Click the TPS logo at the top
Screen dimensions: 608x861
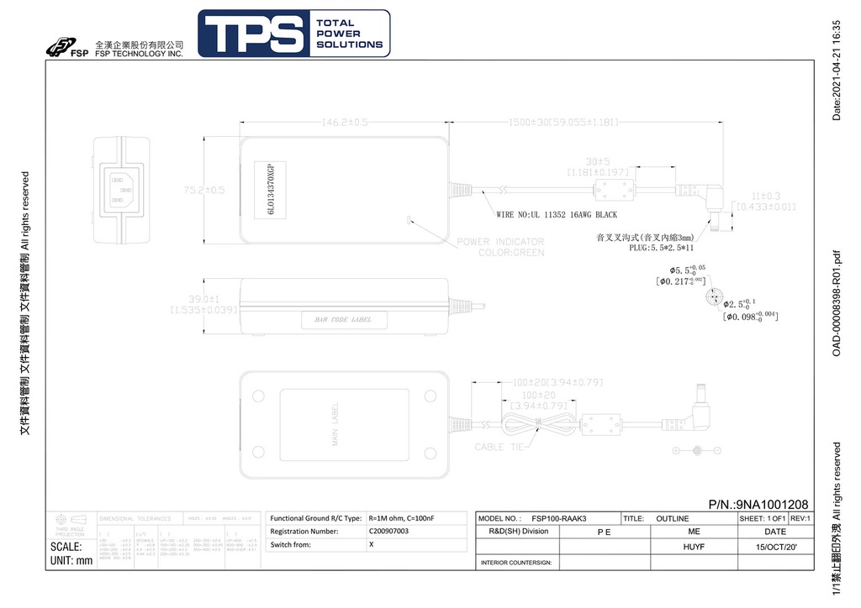pyautogui.click(x=293, y=34)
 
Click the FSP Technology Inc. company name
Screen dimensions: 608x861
pyautogui.click(x=139, y=54)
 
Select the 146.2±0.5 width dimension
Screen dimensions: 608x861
pyautogui.click(x=346, y=123)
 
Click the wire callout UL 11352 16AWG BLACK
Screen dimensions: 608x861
pyautogui.click(x=557, y=215)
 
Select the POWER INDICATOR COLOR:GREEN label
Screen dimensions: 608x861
pyautogui.click(x=500, y=247)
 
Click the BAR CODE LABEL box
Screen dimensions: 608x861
pyautogui.click(x=343, y=320)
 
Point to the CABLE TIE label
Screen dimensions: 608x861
pyautogui.click(x=503, y=448)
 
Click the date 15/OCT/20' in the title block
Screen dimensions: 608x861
pyautogui.click(x=775, y=546)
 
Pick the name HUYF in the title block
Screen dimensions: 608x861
pyautogui.click(x=694, y=546)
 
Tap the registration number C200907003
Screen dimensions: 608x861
pyautogui.click(x=388, y=532)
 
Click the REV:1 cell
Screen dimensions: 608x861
pyautogui.click(x=800, y=519)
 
